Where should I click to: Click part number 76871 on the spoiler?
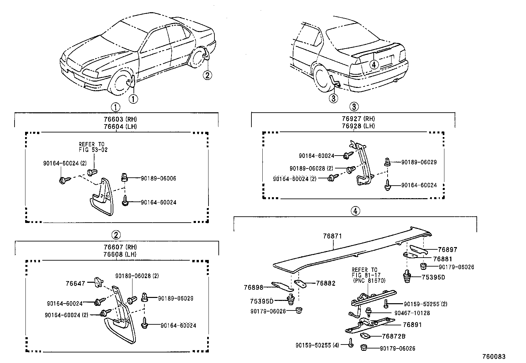click(332, 236)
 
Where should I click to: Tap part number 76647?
click(75, 283)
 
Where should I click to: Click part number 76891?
click(413, 325)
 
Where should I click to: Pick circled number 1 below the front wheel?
click(133, 99)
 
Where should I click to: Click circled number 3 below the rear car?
click(333, 98)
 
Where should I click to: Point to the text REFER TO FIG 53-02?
click(93, 147)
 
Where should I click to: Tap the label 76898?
click(253, 288)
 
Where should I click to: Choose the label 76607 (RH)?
click(116, 247)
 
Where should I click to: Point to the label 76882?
click(325, 283)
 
